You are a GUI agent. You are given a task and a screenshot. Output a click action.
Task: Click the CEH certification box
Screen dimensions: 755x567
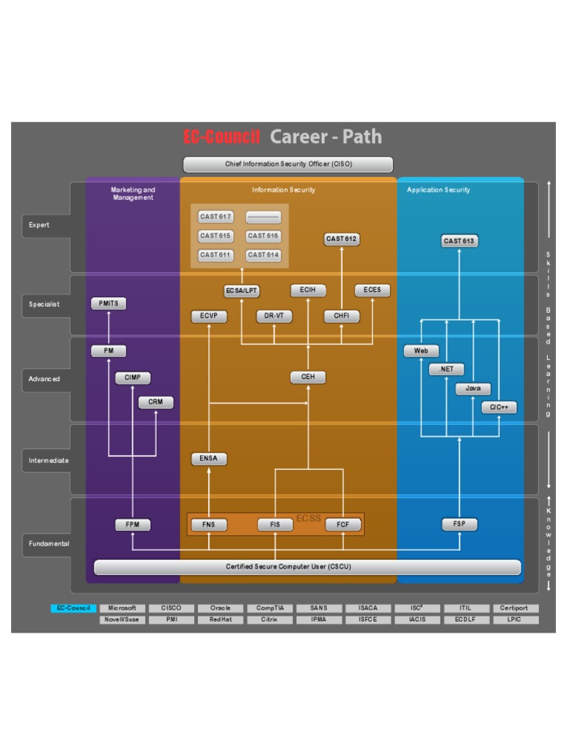click(x=308, y=377)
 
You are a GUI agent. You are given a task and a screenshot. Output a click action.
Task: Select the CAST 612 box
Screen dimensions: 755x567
click(x=342, y=239)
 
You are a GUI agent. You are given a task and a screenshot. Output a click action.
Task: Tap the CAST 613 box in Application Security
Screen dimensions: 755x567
click(x=458, y=240)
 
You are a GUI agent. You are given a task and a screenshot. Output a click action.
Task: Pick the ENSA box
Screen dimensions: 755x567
click(x=209, y=459)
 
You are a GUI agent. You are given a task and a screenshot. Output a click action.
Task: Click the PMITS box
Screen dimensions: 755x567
click(x=109, y=304)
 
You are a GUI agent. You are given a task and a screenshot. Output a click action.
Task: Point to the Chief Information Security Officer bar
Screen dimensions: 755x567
click(x=288, y=164)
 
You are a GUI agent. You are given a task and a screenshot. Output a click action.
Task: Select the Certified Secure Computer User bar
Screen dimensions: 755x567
click(x=307, y=567)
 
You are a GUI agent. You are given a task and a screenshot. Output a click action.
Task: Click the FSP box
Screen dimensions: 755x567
click(x=459, y=524)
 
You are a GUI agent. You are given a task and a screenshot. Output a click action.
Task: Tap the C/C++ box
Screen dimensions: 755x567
click(x=499, y=407)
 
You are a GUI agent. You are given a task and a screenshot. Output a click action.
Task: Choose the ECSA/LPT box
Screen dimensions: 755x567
click(x=242, y=291)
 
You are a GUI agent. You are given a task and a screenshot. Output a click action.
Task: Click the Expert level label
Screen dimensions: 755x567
click(x=39, y=225)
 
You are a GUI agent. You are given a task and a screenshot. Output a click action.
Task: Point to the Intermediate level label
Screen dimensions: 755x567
click(x=49, y=460)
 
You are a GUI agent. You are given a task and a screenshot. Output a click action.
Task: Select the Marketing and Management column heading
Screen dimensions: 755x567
click(x=134, y=193)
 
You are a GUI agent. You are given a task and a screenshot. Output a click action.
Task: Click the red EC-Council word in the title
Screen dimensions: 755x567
click(x=221, y=136)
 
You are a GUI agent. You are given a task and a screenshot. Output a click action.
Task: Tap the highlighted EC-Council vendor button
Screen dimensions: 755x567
click(x=74, y=608)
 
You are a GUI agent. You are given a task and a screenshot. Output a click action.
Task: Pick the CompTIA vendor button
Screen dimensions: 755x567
click(x=270, y=608)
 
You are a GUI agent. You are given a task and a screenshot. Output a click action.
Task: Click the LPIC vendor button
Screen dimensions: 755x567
click(x=515, y=620)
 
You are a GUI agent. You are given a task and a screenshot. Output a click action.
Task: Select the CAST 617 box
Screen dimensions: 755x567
click(x=216, y=217)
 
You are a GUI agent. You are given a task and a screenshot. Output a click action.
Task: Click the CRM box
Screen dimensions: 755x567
click(x=156, y=403)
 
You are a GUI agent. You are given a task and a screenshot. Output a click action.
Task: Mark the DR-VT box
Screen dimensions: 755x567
click(x=274, y=316)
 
